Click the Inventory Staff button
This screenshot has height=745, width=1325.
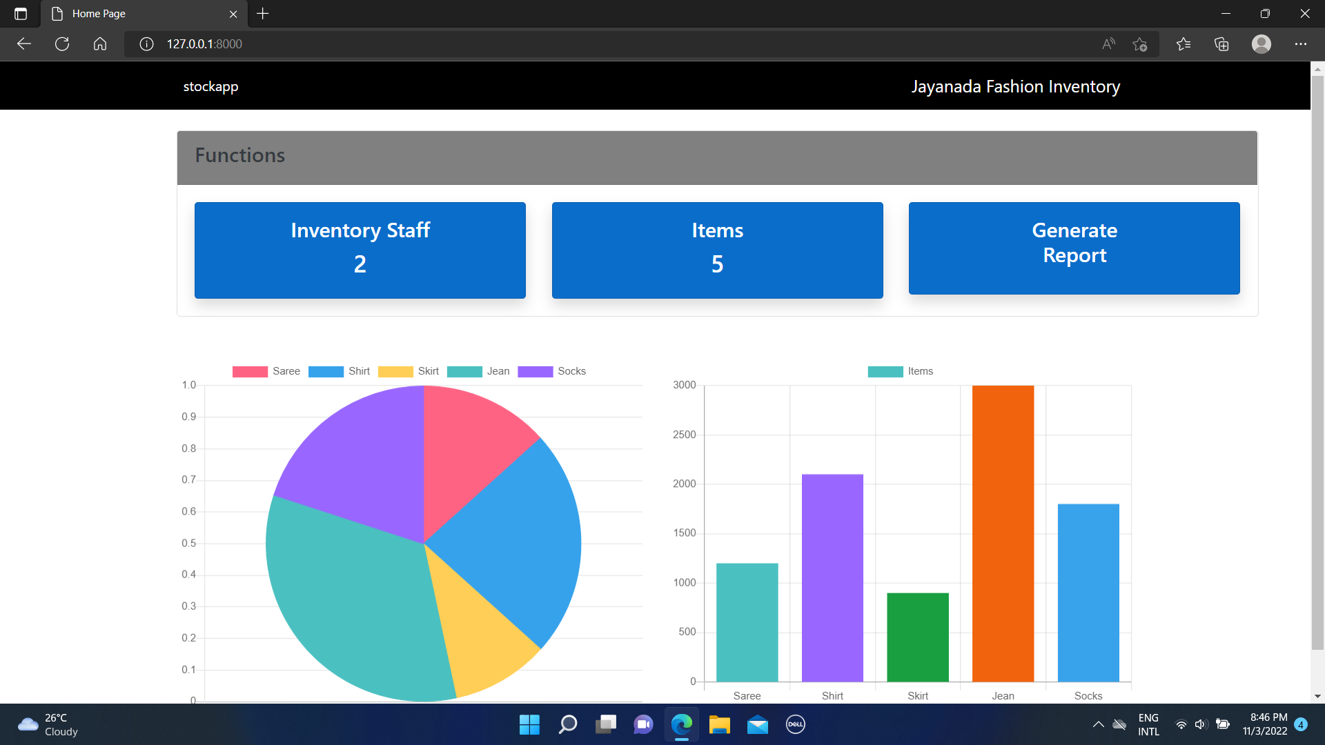(x=360, y=250)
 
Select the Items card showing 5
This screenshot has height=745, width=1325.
(x=717, y=250)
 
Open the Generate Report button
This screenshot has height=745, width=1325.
(x=1074, y=248)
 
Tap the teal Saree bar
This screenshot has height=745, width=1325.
(x=747, y=622)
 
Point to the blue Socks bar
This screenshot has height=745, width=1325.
(x=1088, y=593)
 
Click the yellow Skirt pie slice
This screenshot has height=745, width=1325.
(x=483, y=635)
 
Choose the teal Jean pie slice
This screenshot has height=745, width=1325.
(x=352, y=593)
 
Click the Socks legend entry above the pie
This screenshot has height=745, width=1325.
(x=551, y=371)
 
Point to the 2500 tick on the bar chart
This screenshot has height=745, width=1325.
(x=684, y=435)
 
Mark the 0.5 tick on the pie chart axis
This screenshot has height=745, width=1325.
(x=188, y=543)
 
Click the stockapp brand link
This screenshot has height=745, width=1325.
(x=210, y=86)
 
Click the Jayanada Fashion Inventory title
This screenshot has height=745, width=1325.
(x=1015, y=86)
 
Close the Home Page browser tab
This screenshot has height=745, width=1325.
(x=233, y=14)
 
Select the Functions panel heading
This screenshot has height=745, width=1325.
(x=239, y=155)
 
